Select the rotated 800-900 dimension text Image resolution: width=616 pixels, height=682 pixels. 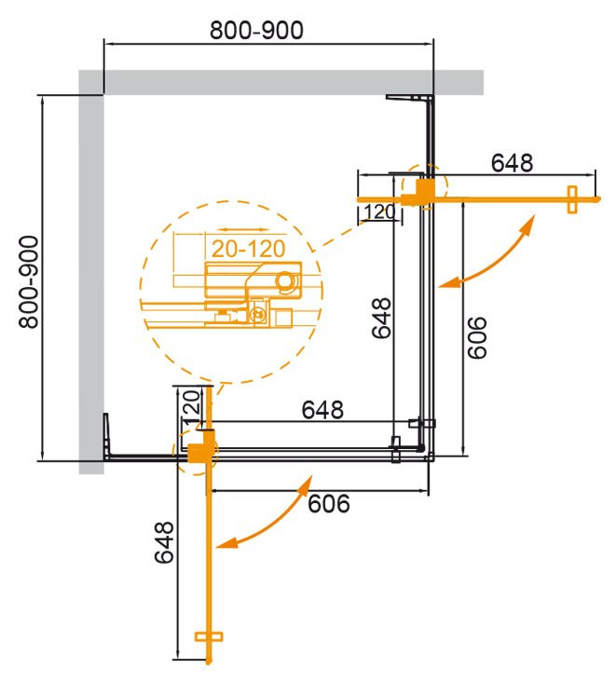pyautogui.click(x=29, y=280)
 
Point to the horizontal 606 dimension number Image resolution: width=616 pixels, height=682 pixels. pyautogui.click(x=328, y=503)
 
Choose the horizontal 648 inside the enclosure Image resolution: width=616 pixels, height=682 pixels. pyautogui.click(x=322, y=409)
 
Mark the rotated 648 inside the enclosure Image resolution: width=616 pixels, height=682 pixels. pyautogui.click(x=380, y=319)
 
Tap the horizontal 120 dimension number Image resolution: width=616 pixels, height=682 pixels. pyautogui.click(x=379, y=212)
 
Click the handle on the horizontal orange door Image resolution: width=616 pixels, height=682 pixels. pyautogui.click(x=571, y=198)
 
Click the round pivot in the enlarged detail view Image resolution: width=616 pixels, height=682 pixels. pyautogui.click(x=285, y=280)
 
